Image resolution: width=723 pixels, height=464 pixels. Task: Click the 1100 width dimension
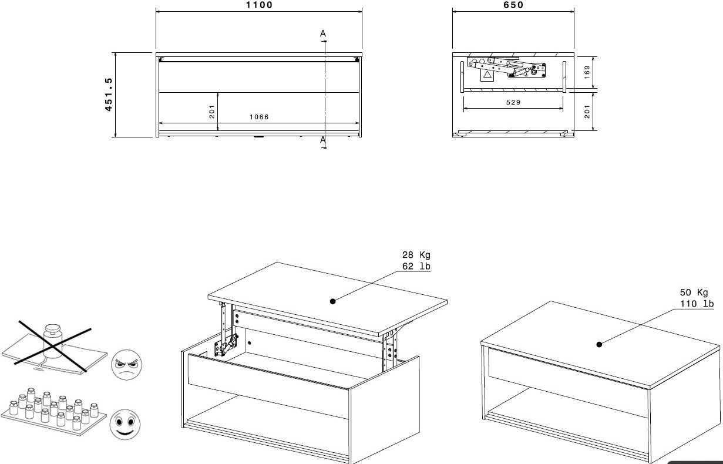(x=259, y=5)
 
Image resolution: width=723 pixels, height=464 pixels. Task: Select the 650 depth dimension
(x=513, y=5)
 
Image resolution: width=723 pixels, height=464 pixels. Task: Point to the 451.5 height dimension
(x=109, y=95)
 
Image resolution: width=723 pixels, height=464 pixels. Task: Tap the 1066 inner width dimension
(x=259, y=117)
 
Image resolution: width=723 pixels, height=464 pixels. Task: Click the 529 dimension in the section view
(x=513, y=102)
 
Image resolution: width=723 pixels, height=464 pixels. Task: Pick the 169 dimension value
(x=587, y=72)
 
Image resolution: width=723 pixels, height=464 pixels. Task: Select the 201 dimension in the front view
(x=212, y=112)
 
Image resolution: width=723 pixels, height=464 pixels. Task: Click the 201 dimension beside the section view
(x=587, y=112)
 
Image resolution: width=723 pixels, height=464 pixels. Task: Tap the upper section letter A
(x=323, y=33)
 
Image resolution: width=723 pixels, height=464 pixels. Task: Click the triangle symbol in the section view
(x=487, y=75)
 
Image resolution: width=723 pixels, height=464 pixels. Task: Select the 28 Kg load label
(x=416, y=255)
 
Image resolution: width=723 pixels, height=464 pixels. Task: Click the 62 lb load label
(x=416, y=266)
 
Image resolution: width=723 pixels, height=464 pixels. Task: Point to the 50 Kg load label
(x=694, y=292)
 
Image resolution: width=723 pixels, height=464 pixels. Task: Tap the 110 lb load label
(x=697, y=304)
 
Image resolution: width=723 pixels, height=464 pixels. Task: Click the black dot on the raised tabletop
(x=333, y=301)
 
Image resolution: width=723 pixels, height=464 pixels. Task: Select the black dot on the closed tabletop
(x=599, y=345)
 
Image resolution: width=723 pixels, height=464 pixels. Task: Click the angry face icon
(x=126, y=365)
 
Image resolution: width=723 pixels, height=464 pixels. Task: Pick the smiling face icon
(x=125, y=424)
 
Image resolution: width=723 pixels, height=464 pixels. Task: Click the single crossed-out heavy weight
(x=52, y=341)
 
